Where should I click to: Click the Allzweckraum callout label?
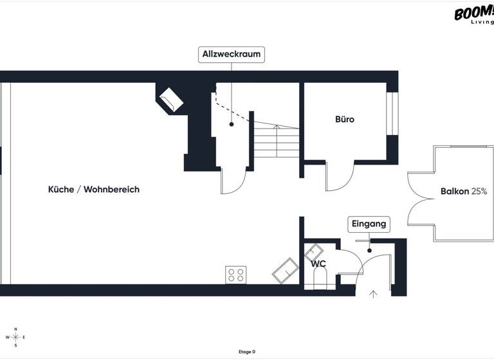click(232, 55)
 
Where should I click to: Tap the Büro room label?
click(345, 120)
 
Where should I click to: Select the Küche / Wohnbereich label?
click(94, 190)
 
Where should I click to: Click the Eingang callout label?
click(369, 224)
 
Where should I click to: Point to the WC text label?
click(319, 264)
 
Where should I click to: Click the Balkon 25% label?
click(464, 192)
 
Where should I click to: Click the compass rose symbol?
click(16, 337)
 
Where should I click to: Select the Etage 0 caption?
click(247, 352)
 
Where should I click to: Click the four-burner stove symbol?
click(235, 275)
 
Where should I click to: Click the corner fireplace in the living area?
click(170, 100)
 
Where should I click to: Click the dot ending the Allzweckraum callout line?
click(232, 124)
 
